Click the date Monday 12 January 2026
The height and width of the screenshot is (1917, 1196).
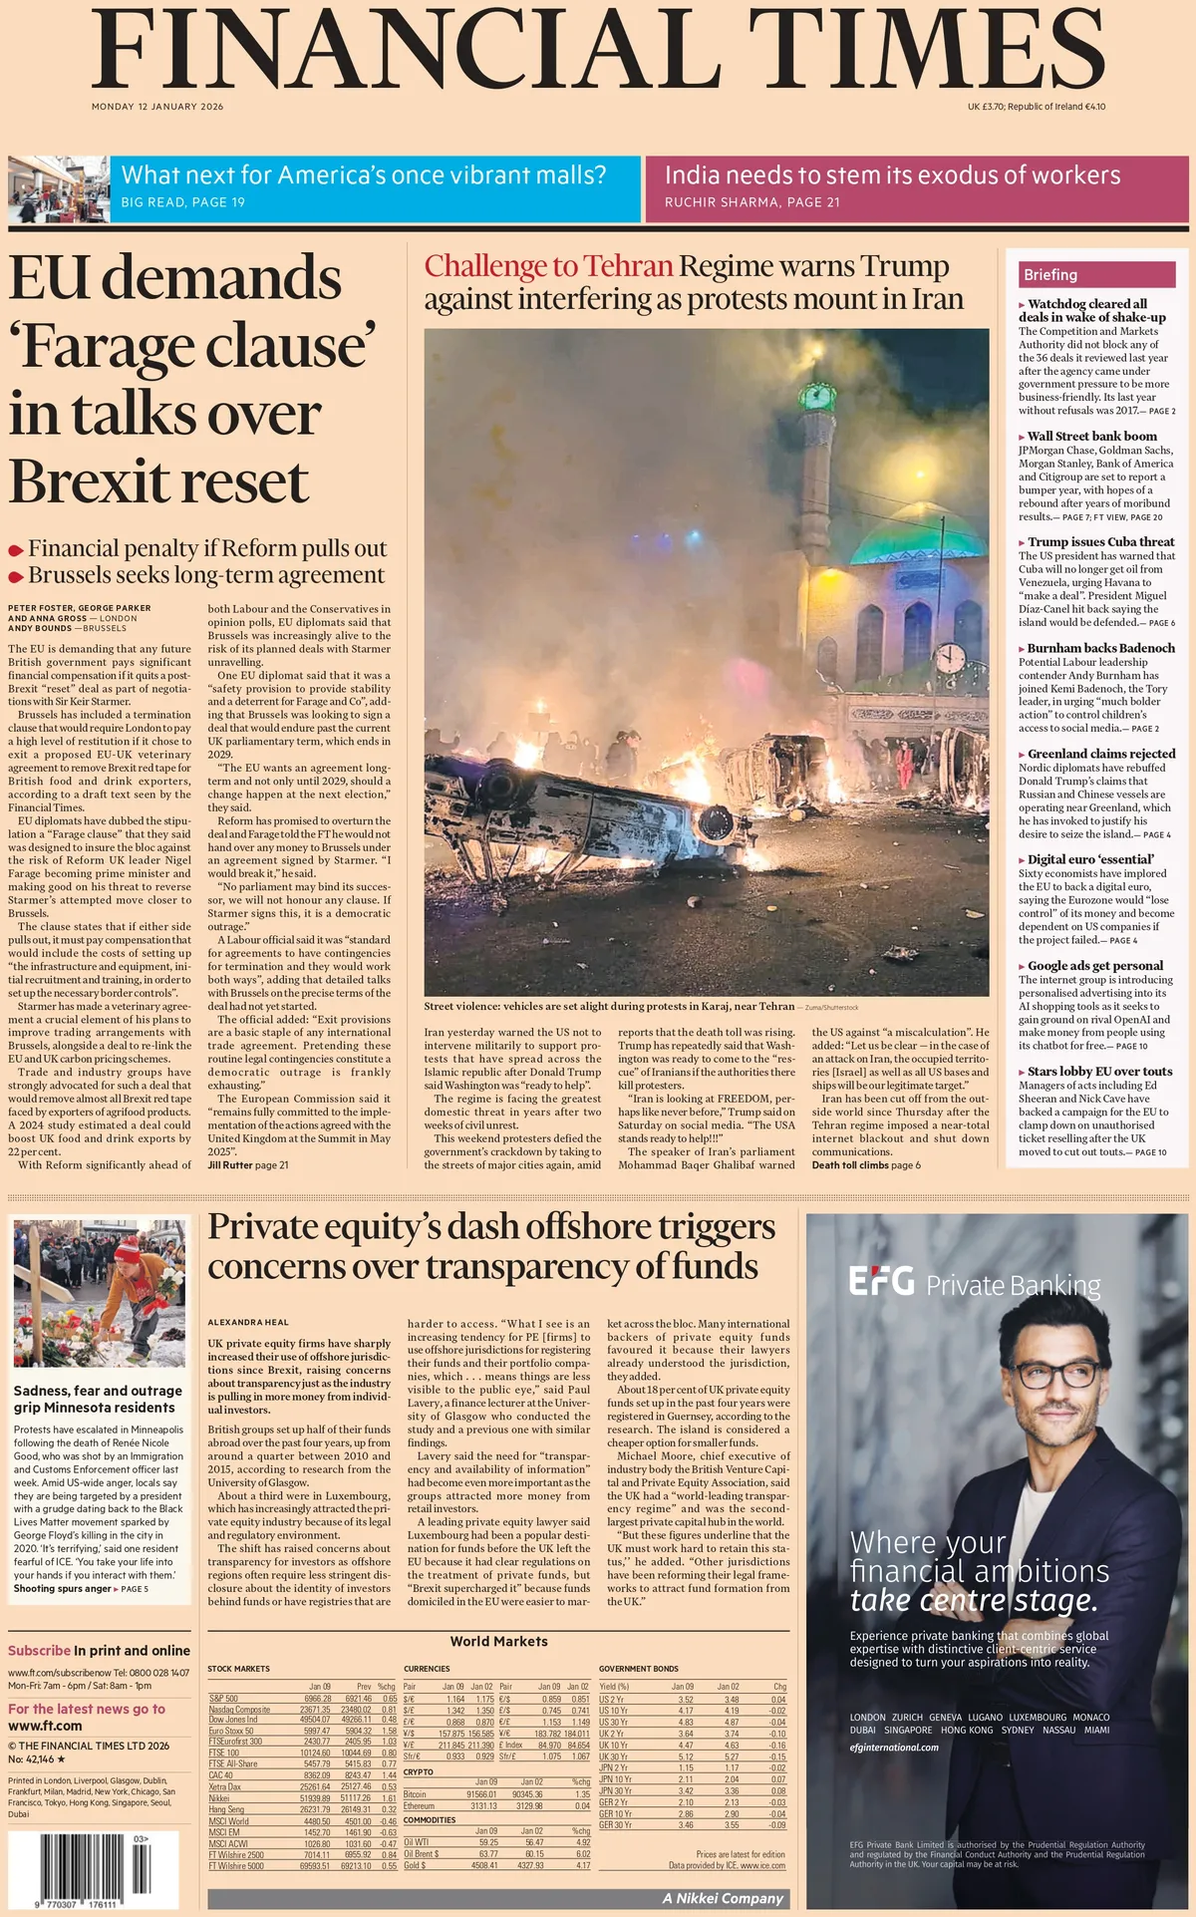point(157,107)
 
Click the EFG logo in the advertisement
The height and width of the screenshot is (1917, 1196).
point(881,1281)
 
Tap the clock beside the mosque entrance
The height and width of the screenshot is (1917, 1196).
point(951,658)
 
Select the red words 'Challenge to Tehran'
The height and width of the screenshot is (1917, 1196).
point(548,266)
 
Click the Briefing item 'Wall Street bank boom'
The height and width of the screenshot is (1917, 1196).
point(1091,436)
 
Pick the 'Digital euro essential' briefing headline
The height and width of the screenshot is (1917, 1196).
point(1090,859)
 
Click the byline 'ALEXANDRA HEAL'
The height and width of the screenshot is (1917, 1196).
point(248,1322)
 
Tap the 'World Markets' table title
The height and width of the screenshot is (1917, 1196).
point(498,1641)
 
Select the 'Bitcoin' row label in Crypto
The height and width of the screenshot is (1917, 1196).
point(416,1793)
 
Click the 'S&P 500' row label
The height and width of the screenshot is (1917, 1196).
point(223,1698)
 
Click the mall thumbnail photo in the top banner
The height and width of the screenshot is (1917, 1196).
point(58,188)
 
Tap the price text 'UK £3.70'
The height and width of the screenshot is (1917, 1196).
point(985,107)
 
